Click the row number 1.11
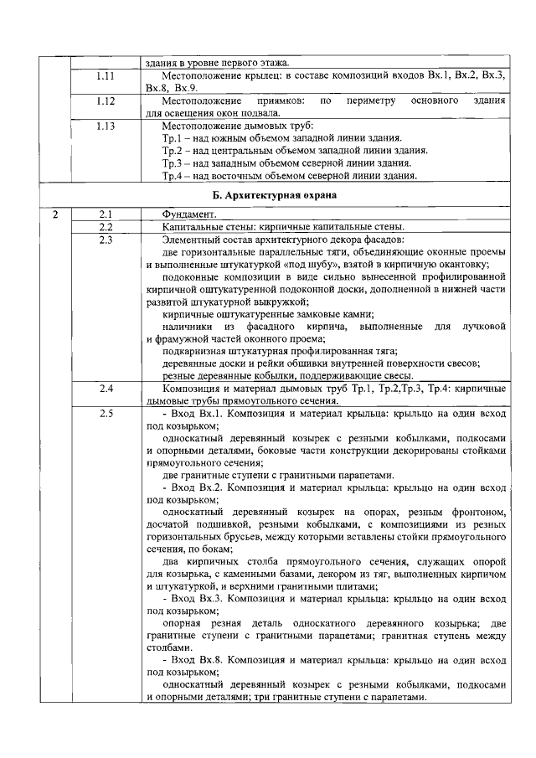(106, 76)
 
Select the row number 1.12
(106, 101)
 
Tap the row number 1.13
(106, 126)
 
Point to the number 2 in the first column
(54, 214)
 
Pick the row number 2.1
(106, 214)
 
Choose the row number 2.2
(106, 227)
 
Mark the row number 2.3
(106, 240)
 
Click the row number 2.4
(106, 389)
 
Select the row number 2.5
(106, 415)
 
